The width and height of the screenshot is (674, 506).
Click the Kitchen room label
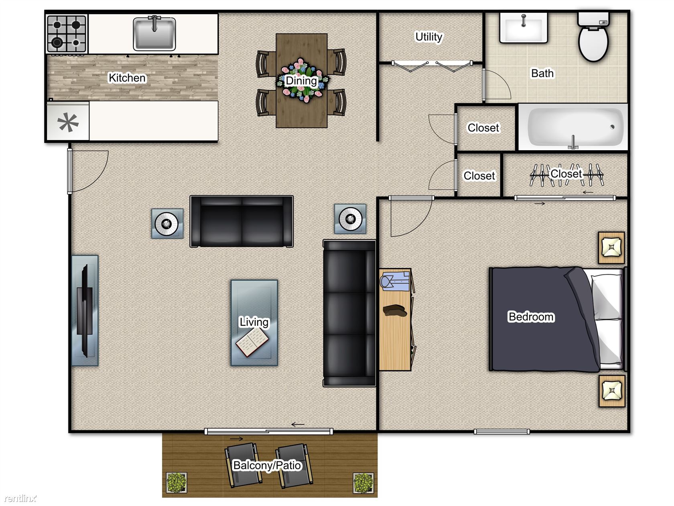pyautogui.click(x=127, y=78)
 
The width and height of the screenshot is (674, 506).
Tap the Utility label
pyautogui.click(x=428, y=37)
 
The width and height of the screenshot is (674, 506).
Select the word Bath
pyautogui.click(x=542, y=73)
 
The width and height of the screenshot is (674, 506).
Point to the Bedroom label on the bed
pyautogui.click(x=531, y=316)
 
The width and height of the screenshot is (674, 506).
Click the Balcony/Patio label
pyautogui.click(x=267, y=465)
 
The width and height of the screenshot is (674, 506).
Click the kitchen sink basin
pyautogui.click(x=154, y=33)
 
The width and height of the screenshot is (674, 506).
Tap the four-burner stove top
pyautogui.click(x=67, y=33)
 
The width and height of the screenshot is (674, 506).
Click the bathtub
pyautogui.click(x=573, y=127)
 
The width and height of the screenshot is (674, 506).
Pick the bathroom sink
pyautogui.click(x=524, y=27)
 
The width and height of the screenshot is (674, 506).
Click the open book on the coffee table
pyautogui.click(x=252, y=342)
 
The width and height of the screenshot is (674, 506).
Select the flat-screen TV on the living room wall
pyautogui.click(x=85, y=311)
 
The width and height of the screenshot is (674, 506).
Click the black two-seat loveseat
pyautogui.click(x=242, y=221)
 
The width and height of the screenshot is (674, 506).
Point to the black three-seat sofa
pyautogui.click(x=349, y=313)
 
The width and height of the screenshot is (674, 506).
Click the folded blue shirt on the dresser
pyautogui.click(x=395, y=281)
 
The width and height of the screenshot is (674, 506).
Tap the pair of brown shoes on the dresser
pyautogui.click(x=395, y=310)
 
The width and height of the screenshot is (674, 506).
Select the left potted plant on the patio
pyautogui.click(x=177, y=482)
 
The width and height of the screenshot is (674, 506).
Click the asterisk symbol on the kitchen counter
pyautogui.click(x=68, y=122)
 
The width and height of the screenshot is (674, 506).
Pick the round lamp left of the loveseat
pyautogui.click(x=167, y=224)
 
